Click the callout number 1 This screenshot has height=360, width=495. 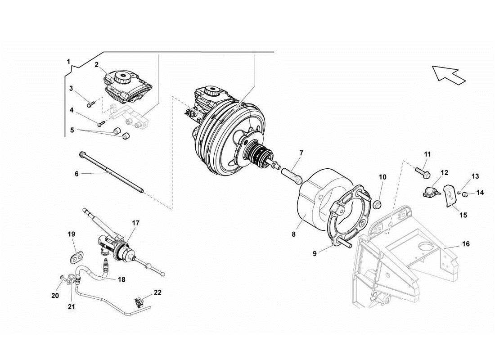point(68,61)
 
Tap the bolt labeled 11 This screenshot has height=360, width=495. point(423,171)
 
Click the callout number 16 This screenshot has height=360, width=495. point(466,244)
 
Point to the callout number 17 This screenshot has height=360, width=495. point(136,222)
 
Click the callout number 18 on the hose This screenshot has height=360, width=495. point(121,279)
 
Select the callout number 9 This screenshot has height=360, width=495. point(315,253)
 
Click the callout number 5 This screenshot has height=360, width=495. point(72,130)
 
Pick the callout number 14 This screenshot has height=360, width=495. point(480,193)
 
